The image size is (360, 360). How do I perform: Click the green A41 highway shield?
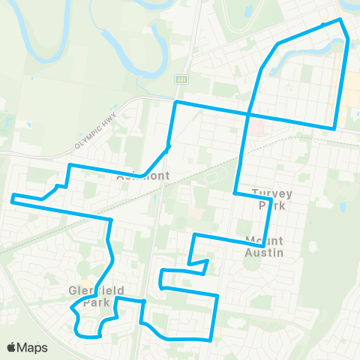182,78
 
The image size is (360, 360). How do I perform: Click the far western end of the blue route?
12,198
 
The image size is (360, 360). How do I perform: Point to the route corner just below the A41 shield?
176,102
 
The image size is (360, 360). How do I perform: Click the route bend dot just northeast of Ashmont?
169,146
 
